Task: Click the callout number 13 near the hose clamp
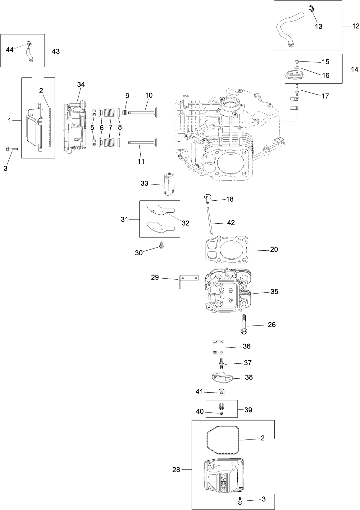click(x=319, y=27)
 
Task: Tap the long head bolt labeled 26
click(x=244, y=325)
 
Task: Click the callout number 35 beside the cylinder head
click(x=274, y=292)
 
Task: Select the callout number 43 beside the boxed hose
click(x=56, y=51)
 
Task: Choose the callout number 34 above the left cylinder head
click(x=81, y=84)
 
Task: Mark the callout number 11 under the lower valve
click(x=141, y=161)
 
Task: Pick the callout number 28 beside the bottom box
click(x=176, y=470)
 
